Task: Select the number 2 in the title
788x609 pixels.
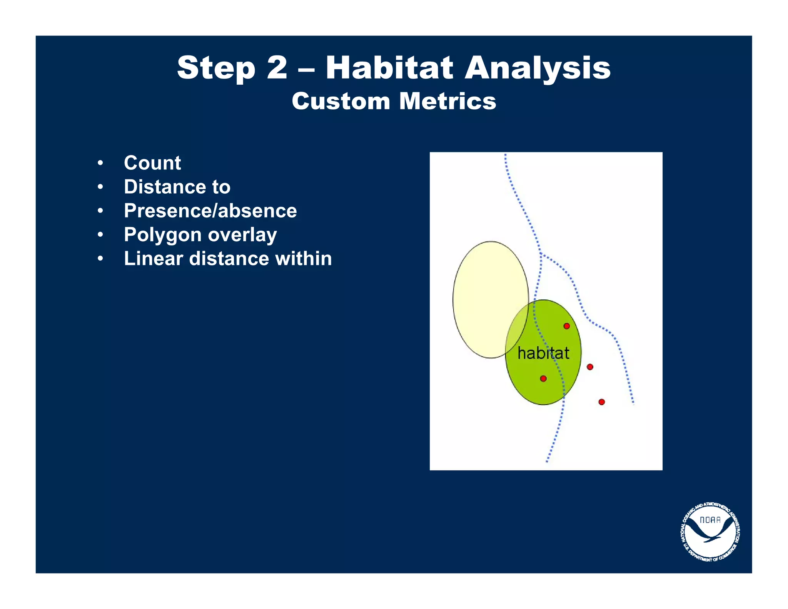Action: tap(277, 68)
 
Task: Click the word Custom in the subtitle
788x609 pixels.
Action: tap(341, 101)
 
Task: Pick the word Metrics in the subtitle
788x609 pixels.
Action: tap(447, 101)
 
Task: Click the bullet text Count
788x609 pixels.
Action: tap(152, 163)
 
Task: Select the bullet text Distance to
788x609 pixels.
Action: tap(177, 187)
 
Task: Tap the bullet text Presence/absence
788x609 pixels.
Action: tap(210, 211)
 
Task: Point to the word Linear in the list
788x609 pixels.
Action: tap(153, 259)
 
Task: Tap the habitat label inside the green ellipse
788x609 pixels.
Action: tap(543, 353)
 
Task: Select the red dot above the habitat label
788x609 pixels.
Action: tap(566, 326)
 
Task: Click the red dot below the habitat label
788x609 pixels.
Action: tap(543, 378)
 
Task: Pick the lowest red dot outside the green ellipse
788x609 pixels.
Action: tap(601, 402)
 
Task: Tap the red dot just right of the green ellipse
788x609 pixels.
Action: tap(590, 367)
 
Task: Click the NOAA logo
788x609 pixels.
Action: tap(710, 532)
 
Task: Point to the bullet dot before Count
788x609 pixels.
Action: tap(100, 163)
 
